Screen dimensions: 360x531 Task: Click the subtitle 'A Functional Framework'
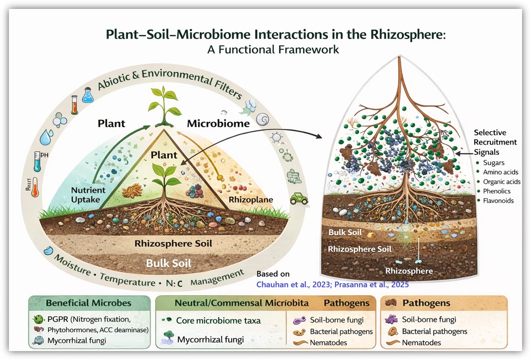point(273,50)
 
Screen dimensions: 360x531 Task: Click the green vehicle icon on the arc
point(298,199)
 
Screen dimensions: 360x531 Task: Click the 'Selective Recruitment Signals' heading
point(495,142)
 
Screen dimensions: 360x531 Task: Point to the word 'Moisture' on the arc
point(70,264)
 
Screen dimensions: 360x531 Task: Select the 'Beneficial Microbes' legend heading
point(89,303)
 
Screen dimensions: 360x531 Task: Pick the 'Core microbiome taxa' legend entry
point(218,320)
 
